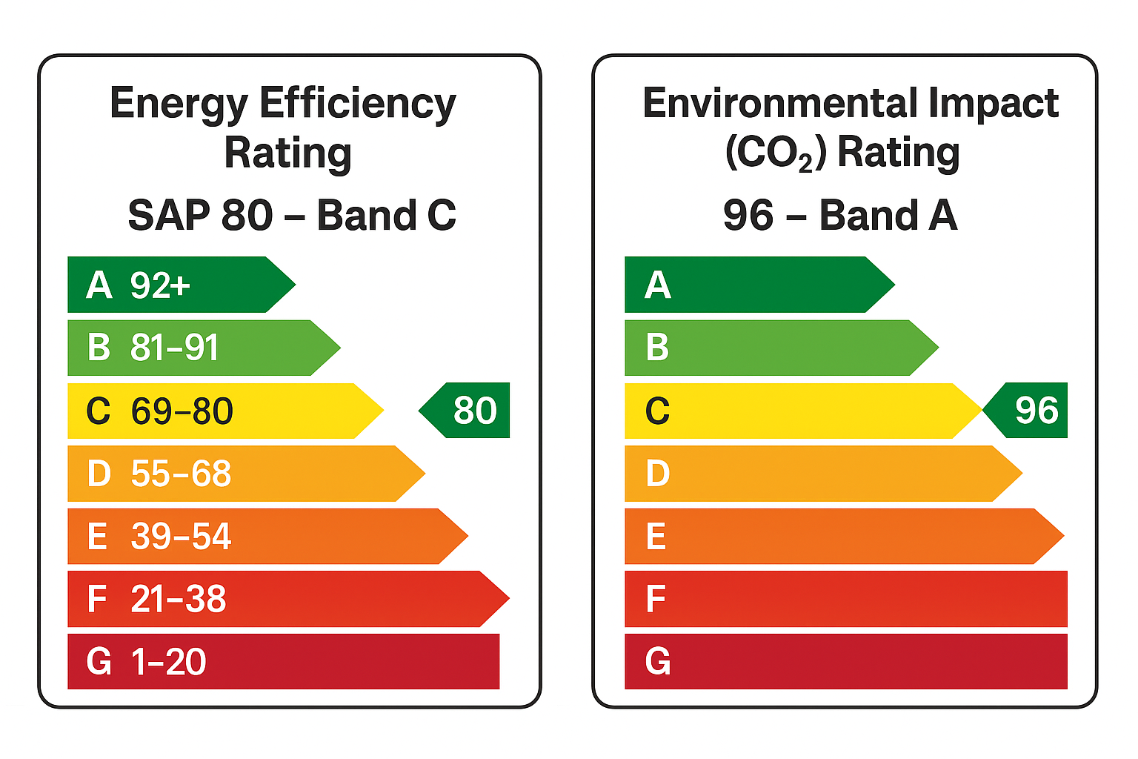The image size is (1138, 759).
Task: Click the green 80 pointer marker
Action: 467,410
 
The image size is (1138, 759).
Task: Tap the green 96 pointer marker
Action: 1028,410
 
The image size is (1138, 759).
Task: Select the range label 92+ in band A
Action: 160,285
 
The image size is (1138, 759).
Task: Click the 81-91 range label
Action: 175,348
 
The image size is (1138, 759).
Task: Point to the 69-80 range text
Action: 182,411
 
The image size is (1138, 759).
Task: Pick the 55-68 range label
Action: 181,474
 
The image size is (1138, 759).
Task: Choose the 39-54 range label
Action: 181,536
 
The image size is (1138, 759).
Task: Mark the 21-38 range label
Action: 179,599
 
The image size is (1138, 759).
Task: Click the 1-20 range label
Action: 169,662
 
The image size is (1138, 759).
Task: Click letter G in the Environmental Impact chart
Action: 658,662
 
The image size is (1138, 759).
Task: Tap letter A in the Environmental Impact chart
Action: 658,285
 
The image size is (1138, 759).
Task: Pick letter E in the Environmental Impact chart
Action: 656,536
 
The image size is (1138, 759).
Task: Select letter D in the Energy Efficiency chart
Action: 99,474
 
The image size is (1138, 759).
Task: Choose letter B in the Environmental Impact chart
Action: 657,348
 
